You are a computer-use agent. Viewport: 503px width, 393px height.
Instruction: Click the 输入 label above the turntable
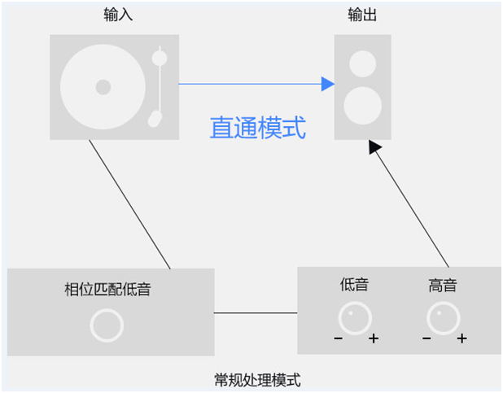pyautogui.click(x=115, y=15)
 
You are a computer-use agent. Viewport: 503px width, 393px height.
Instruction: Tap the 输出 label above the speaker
pyautogui.click(x=361, y=15)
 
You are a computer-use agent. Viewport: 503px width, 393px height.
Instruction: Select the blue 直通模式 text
pyautogui.click(x=257, y=128)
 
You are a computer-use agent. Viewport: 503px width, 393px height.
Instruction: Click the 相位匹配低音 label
pyautogui.click(x=107, y=288)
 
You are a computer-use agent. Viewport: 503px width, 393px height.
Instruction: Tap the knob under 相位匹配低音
pyautogui.click(x=107, y=325)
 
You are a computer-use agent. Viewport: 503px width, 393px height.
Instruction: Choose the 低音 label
pyautogui.click(x=354, y=285)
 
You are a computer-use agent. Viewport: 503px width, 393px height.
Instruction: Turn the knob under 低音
pyautogui.click(x=355, y=318)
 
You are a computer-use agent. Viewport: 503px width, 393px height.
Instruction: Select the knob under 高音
pyautogui.click(x=443, y=318)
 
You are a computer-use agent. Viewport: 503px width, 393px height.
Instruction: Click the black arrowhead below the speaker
pyautogui.click(x=374, y=146)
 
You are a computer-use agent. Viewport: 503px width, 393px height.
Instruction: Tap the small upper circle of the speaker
pyautogui.click(x=362, y=63)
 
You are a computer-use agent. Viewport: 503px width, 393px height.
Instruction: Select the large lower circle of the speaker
pyautogui.click(x=362, y=106)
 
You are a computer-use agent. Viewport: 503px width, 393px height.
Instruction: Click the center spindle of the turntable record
pyautogui.click(x=103, y=86)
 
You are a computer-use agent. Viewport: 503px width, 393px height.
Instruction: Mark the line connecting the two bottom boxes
pyautogui.click(x=256, y=312)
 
